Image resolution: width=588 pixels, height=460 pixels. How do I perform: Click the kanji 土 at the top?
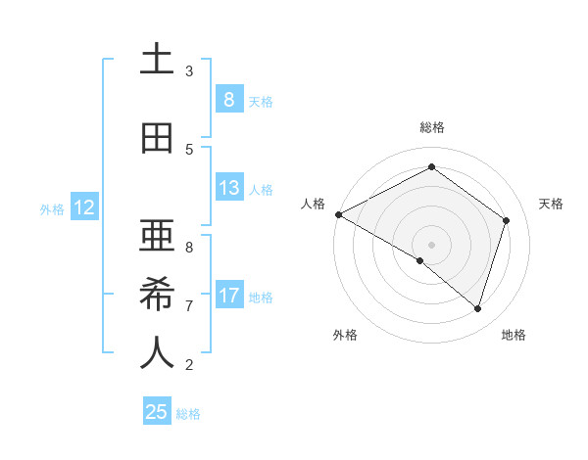pyautogui.click(x=157, y=61)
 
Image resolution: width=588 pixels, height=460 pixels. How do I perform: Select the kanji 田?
pyautogui.click(x=157, y=139)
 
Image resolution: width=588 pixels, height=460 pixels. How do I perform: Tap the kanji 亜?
pyautogui.click(x=157, y=235)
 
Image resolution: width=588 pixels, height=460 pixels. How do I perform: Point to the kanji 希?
pyautogui.click(x=157, y=296)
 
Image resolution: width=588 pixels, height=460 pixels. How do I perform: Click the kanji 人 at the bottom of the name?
pyautogui.click(x=157, y=353)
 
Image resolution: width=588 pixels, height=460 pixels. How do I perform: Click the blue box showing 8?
pyautogui.click(x=228, y=99)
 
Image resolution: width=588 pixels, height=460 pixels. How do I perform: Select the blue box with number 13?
pyautogui.click(x=228, y=188)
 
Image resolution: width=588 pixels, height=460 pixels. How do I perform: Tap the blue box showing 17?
pyautogui.click(x=228, y=296)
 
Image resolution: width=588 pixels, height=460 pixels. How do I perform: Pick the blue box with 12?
pyautogui.click(x=83, y=207)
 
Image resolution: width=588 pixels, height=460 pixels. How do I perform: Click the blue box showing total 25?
pyautogui.click(x=157, y=412)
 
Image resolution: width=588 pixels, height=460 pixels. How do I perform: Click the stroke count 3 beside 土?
pyautogui.click(x=189, y=70)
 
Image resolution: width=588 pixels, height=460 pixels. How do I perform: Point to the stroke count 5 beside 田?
pyautogui.click(x=189, y=149)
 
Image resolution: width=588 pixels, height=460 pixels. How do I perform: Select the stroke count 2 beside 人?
pyautogui.click(x=189, y=365)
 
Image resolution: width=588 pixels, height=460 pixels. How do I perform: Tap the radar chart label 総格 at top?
pyautogui.click(x=431, y=127)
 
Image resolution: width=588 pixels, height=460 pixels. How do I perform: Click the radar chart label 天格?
pyautogui.click(x=551, y=204)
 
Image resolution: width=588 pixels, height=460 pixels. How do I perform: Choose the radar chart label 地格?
pyautogui.click(x=514, y=335)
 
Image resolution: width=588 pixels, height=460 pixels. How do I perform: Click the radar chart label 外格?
pyautogui.click(x=345, y=335)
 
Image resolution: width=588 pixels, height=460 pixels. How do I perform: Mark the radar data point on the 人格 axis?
pyautogui.click(x=338, y=213)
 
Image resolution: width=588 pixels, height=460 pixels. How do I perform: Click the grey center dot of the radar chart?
pyautogui.click(x=431, y=244)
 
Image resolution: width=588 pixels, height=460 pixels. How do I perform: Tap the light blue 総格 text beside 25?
pyautogui.click(x=188, y=414)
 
